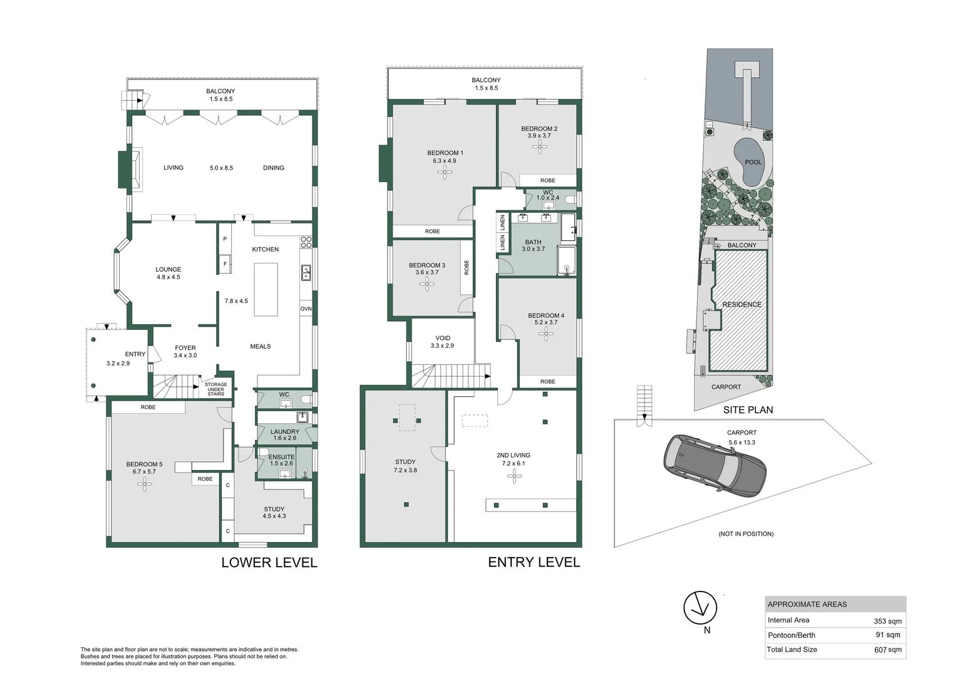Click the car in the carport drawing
coord(715,465)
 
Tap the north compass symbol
coord(700,608)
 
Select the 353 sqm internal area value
coord(887,621)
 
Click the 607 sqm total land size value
coord(887,650)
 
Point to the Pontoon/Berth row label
coord(791,635)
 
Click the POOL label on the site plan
coord(753,162)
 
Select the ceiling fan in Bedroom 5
coord(145,484)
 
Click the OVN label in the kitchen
coord(306,309)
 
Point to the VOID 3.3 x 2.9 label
coord(442,342)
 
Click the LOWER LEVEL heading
coord(269,563)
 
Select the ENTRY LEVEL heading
coord(534,563)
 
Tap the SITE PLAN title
coord(748,410)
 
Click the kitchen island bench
coord(266,289)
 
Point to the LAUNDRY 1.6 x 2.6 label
coord(284,434)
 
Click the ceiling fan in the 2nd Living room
coord(514,477)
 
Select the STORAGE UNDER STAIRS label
coord(216,389)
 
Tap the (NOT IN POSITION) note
coord(745,534)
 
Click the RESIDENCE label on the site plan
coord(742,305)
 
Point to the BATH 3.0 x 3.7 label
coord(533,245)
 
